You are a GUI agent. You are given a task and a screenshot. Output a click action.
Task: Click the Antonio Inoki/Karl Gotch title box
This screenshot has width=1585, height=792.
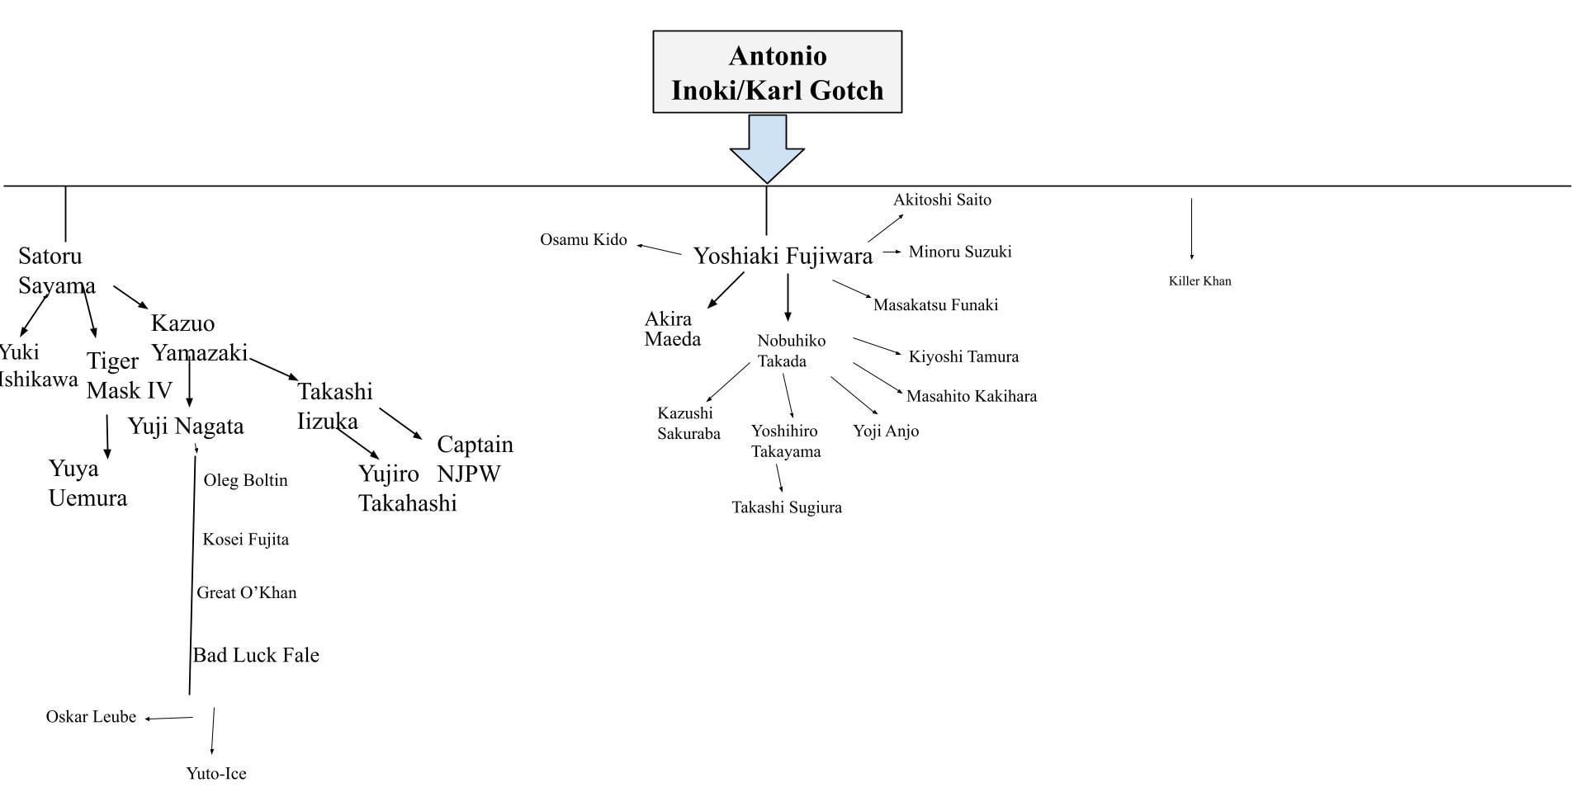click(777, 73)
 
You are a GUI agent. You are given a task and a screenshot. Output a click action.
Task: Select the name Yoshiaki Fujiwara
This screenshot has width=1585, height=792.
click(783, 257)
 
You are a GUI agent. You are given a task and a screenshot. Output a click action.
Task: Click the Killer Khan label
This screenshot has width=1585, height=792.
click(1199, 281)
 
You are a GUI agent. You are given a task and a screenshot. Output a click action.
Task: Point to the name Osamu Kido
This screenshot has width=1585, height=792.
click(583, 240)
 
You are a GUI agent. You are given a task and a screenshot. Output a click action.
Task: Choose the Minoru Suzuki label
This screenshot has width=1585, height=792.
click(959, 252)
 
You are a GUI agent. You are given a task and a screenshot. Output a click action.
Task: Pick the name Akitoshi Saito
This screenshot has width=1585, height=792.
click(942, 200)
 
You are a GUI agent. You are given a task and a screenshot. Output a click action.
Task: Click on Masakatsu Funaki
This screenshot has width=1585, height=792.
click(935, 305)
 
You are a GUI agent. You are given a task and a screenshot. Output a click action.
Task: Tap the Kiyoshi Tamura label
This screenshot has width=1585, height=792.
click(963, 357)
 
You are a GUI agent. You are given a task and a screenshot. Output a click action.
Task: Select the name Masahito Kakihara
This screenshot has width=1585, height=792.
click(971, 397)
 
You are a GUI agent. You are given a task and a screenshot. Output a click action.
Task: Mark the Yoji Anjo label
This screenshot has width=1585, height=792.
click(885, 431)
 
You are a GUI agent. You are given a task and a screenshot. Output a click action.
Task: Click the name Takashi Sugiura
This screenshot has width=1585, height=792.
click(786, 508)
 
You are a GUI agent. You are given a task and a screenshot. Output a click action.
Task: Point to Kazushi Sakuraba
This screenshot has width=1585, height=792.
click(688, 423)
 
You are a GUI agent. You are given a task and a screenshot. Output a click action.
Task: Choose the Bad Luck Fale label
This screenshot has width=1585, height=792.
click(256, 655)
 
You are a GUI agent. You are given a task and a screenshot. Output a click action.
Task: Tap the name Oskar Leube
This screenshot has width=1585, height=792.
click(91, 717)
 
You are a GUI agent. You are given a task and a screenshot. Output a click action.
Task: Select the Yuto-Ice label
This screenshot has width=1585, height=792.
click(216, 774)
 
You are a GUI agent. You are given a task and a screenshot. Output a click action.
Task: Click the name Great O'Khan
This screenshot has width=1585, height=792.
click(246, 593)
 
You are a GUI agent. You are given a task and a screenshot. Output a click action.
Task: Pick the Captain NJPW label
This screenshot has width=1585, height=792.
click(474, 459)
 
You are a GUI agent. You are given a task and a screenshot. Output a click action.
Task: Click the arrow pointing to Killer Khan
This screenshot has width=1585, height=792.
click(1191, 229)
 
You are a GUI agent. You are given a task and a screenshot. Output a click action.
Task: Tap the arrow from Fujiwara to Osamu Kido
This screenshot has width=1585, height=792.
click(659, 249)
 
